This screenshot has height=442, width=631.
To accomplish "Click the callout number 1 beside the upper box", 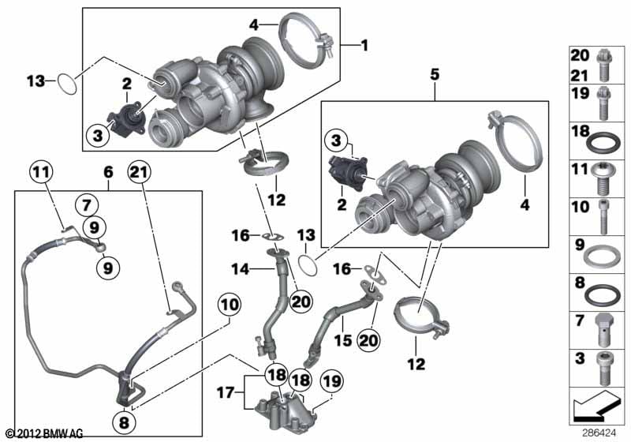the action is tap(364, 45).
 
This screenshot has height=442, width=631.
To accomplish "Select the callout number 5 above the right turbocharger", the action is tap(435, 75).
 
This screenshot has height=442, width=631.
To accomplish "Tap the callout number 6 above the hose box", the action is tap(109, 172).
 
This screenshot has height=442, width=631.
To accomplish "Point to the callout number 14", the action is tap(241, 268).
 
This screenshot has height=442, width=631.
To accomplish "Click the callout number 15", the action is tap(343, 340).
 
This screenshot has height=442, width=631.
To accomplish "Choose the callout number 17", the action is tap(226, 391).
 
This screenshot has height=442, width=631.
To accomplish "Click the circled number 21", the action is tap(140, 172).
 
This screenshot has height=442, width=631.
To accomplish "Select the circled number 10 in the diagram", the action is tap(230, 305).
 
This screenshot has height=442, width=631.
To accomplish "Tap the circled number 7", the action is tap(87, 205).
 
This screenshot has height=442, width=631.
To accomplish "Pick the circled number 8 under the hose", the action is tap(124, 422).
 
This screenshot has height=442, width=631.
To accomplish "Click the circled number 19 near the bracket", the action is tap(332, 381).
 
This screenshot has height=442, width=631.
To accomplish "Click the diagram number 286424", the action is tap(599, 433).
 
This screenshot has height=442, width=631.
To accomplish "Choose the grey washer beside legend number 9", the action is tap(603, 256).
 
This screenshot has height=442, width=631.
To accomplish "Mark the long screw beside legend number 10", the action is tap(603, 217).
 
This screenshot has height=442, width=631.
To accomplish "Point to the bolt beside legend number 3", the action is tap(604, 368).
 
